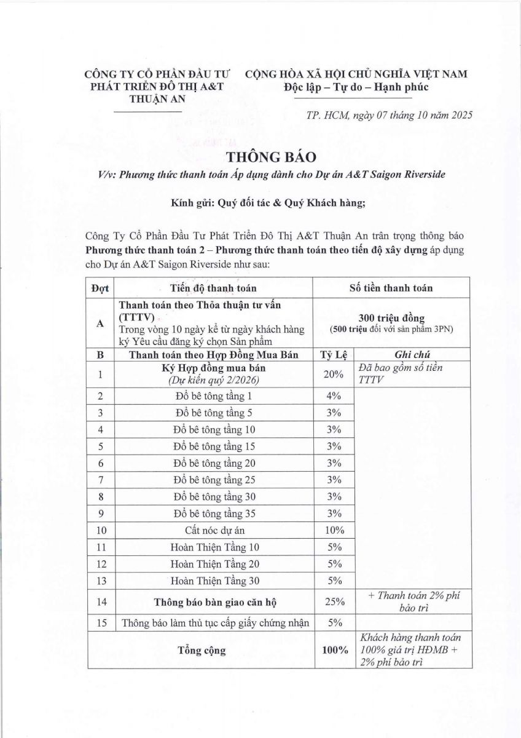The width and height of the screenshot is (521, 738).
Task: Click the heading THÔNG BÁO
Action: pos(260,157)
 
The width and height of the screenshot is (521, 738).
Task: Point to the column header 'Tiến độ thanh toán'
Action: pos(213,287)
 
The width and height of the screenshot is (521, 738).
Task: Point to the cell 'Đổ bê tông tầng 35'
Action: pos(214,513)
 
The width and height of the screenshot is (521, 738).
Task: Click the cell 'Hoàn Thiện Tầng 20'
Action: pos(214,563)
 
